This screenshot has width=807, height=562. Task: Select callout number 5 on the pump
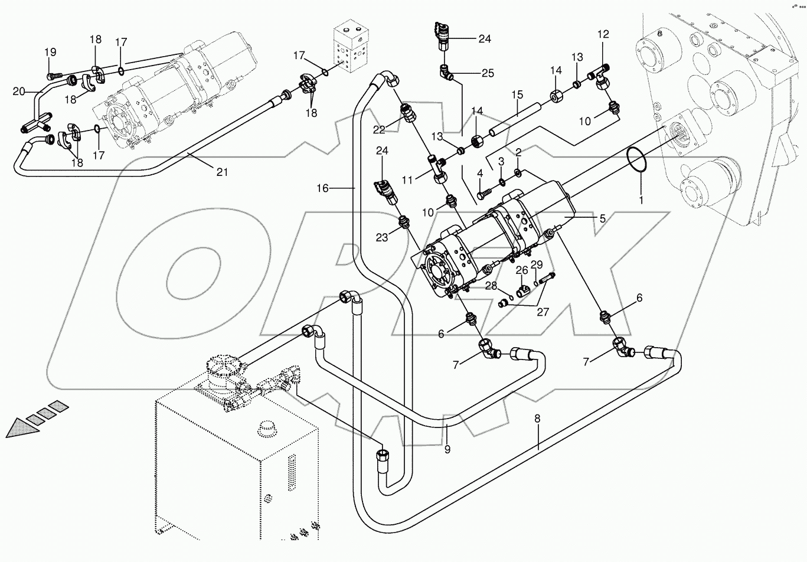coord(602,218)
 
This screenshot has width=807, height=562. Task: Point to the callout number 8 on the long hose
coord(537,419)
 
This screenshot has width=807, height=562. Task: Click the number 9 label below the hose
coord(447,450)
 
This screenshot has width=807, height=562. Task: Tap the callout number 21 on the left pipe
coord(221,172)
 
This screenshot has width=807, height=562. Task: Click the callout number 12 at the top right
coord(603,35)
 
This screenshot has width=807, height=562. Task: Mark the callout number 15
coord(517,94)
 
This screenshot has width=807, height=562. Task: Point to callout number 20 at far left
coord(19,91)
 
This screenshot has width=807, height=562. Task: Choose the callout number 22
coord(378,129)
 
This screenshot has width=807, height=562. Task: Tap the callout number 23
coord(382,238)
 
